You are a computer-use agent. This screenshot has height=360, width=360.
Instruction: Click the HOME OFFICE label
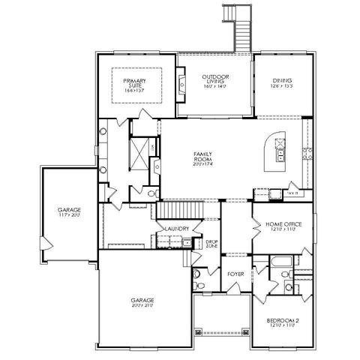281,226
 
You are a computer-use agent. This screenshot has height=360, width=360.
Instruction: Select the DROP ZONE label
211,244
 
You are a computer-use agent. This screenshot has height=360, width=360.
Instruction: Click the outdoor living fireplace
181,82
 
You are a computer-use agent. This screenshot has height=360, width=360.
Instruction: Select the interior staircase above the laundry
180,209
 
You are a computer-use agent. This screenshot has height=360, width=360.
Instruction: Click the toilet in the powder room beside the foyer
196,285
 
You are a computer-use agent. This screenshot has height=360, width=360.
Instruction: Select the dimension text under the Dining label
282,87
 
